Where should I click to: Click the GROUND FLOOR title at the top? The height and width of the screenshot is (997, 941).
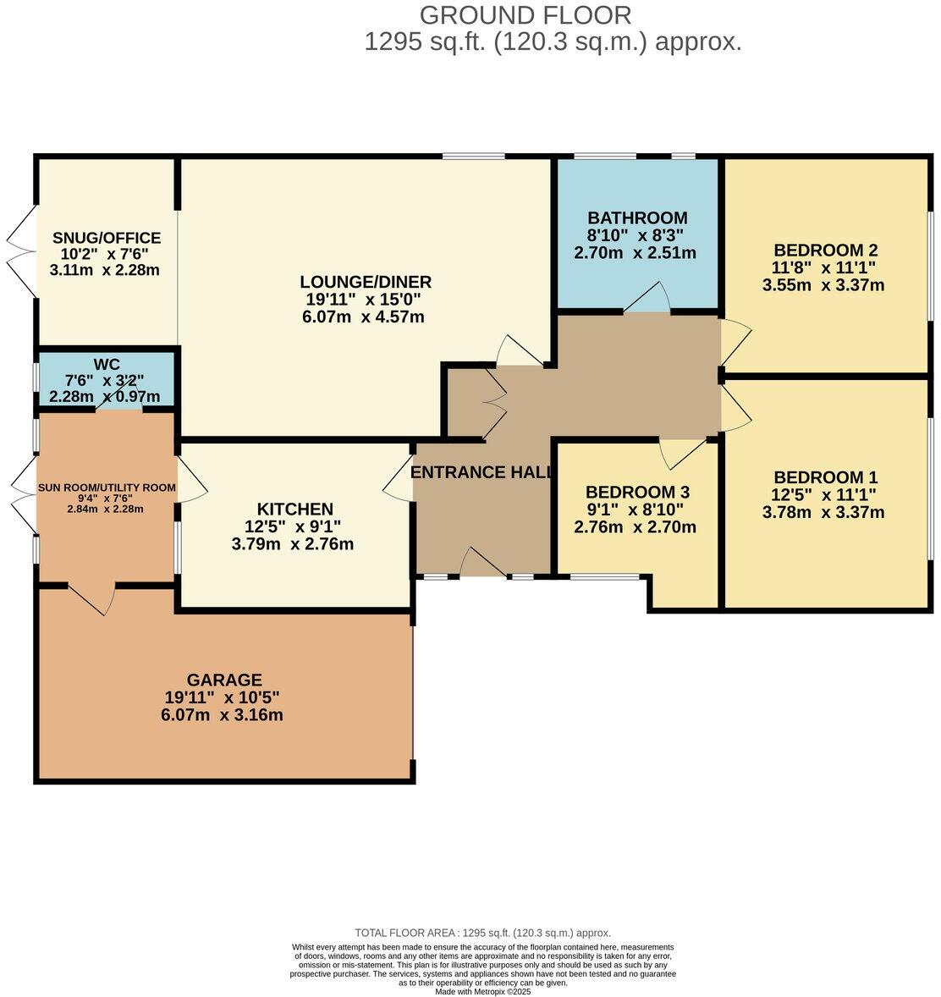(x=526, y=14)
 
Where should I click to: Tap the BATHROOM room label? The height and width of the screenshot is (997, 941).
(x=637, y=218)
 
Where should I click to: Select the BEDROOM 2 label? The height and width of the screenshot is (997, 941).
(x=826, y=250)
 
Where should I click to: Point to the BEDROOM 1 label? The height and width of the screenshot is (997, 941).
(x=826, y=477)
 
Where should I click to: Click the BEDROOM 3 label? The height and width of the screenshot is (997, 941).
(x=637, y=492)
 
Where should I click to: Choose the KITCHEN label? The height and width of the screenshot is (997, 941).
(x=295, y=510)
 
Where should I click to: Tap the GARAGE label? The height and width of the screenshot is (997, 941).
(x=224, y=680)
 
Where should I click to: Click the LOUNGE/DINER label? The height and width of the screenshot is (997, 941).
(x=366, y=282)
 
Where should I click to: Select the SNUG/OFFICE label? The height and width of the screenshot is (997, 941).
(x=106, y=238)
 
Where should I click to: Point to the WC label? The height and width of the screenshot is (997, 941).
(x=106, y=364)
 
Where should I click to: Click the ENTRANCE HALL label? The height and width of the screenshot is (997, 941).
(x=482, y=471)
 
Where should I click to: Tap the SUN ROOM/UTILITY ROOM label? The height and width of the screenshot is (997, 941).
(x=106, y=487)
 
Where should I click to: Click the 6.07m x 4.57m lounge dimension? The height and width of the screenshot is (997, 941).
(x=363, y=317)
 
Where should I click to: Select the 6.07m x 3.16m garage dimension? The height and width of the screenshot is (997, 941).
(x=222, y=714)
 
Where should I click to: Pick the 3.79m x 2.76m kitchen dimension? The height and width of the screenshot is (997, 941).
(x=293, y=544)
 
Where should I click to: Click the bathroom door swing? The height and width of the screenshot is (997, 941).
(x=647, y=296)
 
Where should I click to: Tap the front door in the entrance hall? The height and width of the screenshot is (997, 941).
(x=484, y=562)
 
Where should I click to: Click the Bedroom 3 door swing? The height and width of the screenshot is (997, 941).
(x=681, y=454)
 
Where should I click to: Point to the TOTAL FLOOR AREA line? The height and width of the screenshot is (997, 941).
(x=482, y=933)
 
